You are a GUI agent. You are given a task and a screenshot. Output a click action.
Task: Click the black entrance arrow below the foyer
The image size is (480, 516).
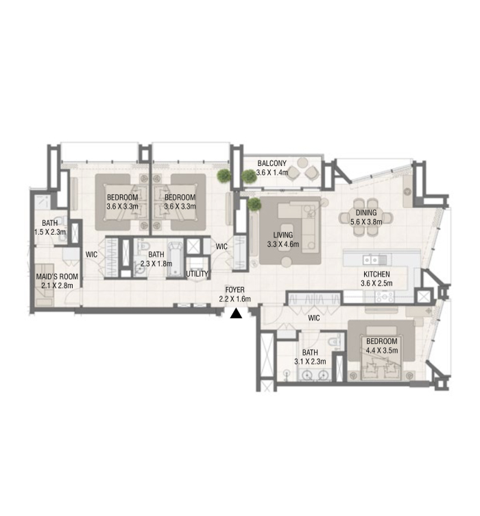236,314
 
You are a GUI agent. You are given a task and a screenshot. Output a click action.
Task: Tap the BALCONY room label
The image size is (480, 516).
272,163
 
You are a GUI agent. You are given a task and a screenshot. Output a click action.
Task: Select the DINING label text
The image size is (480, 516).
366,213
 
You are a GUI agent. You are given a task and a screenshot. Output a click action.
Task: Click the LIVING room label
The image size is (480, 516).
283,235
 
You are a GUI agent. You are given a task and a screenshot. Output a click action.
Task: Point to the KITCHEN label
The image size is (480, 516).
376,274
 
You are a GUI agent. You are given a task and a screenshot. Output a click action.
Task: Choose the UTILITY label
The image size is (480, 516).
197,274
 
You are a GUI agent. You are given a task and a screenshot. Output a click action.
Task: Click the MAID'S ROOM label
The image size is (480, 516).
57,277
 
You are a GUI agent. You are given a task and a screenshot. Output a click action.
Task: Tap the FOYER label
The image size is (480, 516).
235,290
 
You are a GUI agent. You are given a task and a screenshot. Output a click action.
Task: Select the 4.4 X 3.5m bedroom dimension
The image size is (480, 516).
382,350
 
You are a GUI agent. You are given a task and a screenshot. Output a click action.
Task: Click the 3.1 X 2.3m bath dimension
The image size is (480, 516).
310,362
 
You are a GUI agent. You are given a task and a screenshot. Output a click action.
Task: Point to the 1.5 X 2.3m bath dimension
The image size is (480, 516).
50,232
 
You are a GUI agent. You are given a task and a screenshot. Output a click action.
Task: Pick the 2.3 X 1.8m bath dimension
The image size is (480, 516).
156,263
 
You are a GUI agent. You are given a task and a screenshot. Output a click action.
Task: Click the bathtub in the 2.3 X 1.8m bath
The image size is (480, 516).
175,258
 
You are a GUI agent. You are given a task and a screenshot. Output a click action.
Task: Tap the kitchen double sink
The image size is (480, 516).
371,260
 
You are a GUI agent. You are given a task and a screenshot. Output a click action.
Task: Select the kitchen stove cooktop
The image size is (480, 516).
385,297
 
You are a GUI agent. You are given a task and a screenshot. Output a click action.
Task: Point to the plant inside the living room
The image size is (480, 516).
254,204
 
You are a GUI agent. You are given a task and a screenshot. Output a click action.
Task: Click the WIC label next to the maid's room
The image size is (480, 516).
91,255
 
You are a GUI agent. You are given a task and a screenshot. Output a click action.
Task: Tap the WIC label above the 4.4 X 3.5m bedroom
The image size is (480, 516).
313,318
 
